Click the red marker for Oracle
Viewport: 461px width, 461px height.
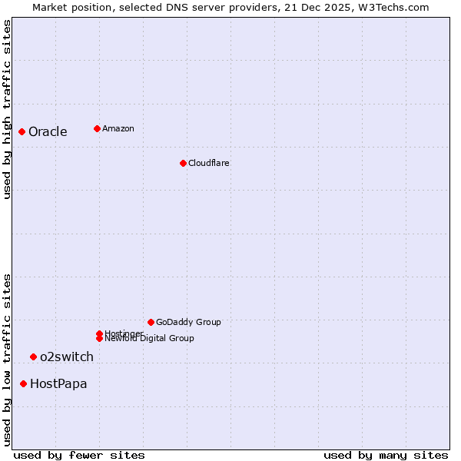[x=22, y=132]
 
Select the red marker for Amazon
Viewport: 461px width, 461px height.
[x=97, y=129]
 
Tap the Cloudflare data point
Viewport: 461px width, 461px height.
[x=183, y=163]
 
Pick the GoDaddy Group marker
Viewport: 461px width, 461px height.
[x=151, y=323]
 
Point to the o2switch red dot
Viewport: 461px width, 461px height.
[x=33, y=357]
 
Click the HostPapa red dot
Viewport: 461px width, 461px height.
[x=24, y=383]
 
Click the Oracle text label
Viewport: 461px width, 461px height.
[x=48, y=132]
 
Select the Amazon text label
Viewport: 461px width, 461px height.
[x=118, y=129]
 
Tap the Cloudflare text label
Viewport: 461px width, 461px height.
[x=209, y=163]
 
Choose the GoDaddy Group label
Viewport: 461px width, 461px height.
[x=188, y=323]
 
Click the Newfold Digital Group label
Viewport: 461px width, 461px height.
[x=150, y=339]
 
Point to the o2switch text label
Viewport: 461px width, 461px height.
[x=67, y=357]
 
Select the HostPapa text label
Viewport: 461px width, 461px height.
[x=58, y=384]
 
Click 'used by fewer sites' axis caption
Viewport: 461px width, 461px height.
[x=79, y=456]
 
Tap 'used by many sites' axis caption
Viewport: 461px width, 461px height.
[x=386, y=456]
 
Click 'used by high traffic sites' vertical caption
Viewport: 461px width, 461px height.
[x=7, y=109]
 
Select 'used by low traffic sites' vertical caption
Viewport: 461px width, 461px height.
[x=7, y=360]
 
